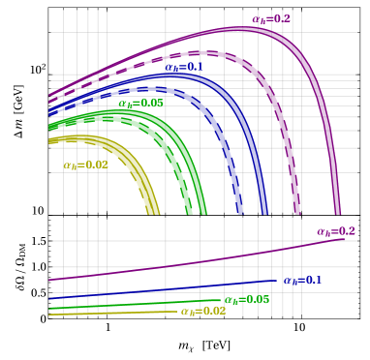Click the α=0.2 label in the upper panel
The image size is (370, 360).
pos(270,18)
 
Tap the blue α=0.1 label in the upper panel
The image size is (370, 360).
pos(182,68)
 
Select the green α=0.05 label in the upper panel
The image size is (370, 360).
pos(140,103)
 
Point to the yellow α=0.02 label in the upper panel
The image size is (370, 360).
pos(85,165)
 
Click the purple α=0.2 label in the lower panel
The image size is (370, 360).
pos(335,231)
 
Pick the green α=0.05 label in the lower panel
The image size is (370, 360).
pos(246,300)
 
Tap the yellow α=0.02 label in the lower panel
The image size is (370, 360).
pos(202,312)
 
